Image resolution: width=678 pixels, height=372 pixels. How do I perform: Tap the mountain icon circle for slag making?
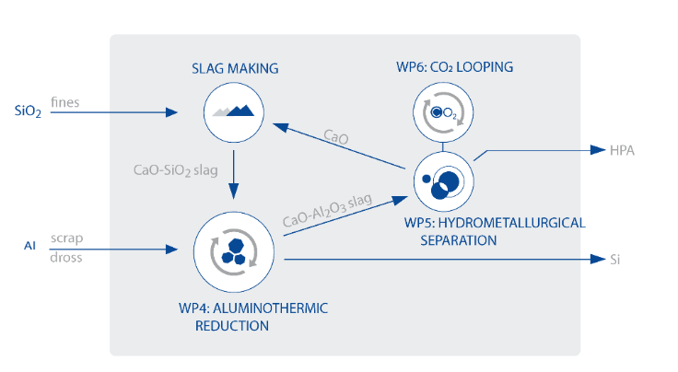tap(232, 112)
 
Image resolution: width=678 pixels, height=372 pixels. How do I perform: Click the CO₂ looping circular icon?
tap(441, 112)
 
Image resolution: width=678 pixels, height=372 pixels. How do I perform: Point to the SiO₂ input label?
tap(28, 113)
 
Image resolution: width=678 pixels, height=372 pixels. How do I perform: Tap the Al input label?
tap(29, 246)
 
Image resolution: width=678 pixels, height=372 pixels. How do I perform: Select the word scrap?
tap(67, 238)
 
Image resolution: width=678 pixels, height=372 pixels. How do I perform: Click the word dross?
tap(66, 258)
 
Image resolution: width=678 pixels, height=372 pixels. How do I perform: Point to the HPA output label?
tap(620, 150)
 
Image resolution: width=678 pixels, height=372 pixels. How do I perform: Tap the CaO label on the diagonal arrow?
tap(336, 138)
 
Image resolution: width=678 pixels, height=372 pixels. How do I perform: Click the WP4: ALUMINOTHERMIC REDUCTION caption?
tap(262, 315)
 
